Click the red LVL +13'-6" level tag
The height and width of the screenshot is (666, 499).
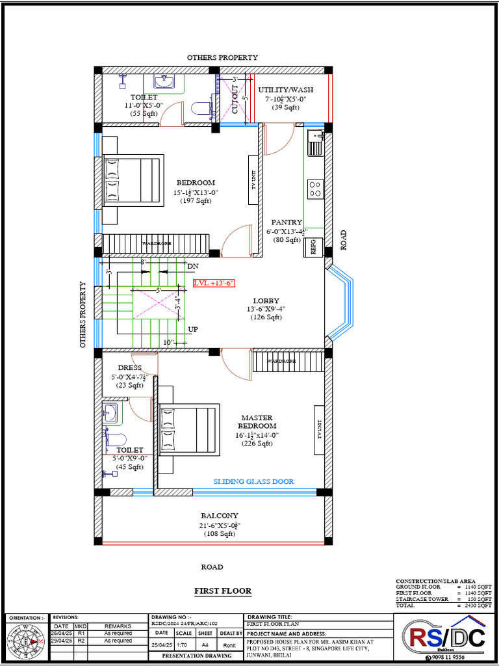214,283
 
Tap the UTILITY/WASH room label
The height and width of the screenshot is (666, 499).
285,90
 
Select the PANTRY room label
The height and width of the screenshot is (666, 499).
287,222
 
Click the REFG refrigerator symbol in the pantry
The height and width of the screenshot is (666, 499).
313,247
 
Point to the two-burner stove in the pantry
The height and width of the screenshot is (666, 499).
316,189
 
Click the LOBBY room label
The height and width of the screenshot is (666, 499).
266,301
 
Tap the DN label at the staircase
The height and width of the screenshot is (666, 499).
193,267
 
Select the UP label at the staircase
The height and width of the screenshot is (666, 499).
193,330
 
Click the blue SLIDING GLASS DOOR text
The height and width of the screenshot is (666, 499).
253,482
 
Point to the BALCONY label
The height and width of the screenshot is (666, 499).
219,516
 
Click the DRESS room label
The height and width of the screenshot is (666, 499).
130,368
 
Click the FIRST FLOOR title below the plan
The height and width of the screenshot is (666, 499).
223,591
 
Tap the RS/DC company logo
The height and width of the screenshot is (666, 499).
444,637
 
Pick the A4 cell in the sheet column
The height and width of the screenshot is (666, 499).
205,645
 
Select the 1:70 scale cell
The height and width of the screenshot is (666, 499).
183,645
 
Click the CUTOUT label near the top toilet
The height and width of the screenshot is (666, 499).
235,100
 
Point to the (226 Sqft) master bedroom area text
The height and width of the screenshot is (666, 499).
257,444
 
